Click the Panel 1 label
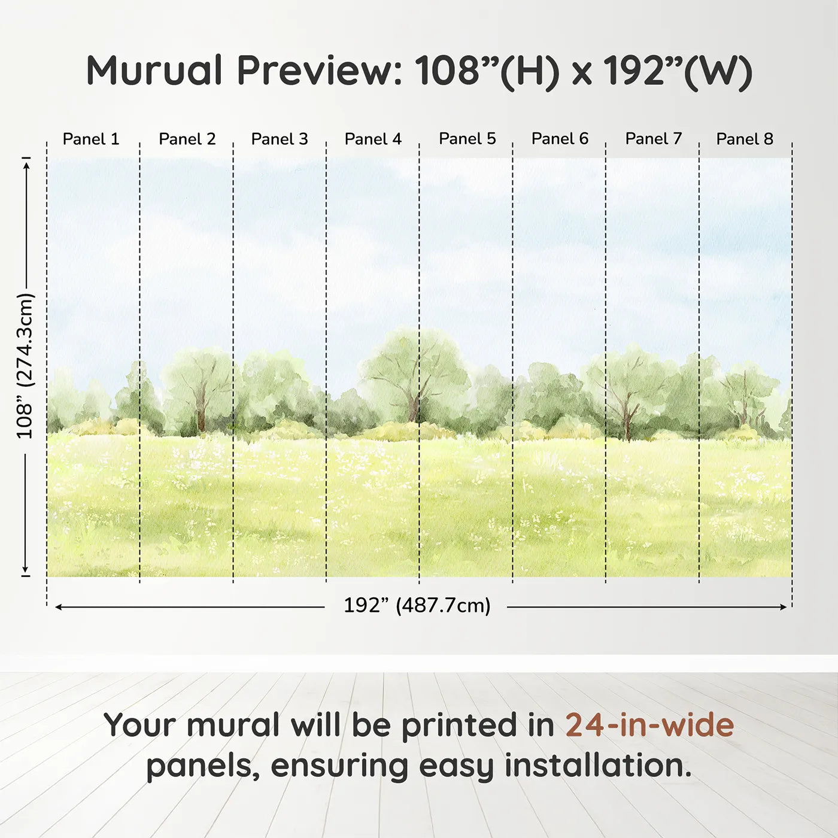[91, 139]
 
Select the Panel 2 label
[187, 139]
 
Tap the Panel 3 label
[280, 139]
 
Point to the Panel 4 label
[373, 139]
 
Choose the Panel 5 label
[467, 139]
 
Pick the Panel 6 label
[560, 139]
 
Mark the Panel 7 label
[654, 139]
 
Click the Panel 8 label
[745, 139]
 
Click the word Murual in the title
[154, 71]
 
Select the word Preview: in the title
[320, 71]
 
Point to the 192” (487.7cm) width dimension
[417, 606]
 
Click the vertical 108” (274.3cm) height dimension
[25, 366]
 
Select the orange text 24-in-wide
[649, 725]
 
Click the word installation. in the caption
[598, 766]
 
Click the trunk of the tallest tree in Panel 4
[413, 407]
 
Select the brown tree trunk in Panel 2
[201, 413]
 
